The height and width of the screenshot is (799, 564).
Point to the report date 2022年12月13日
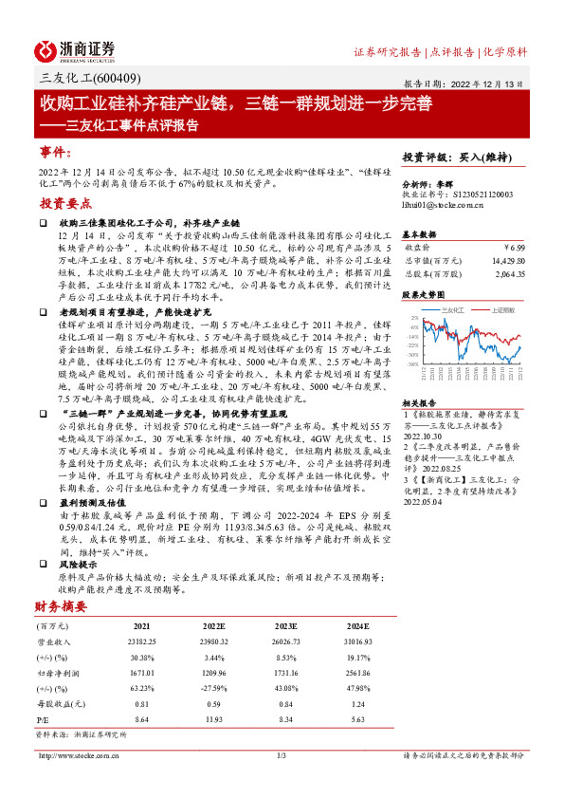tap(470, 84)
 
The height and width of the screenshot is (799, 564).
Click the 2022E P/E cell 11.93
tap(214, 721)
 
